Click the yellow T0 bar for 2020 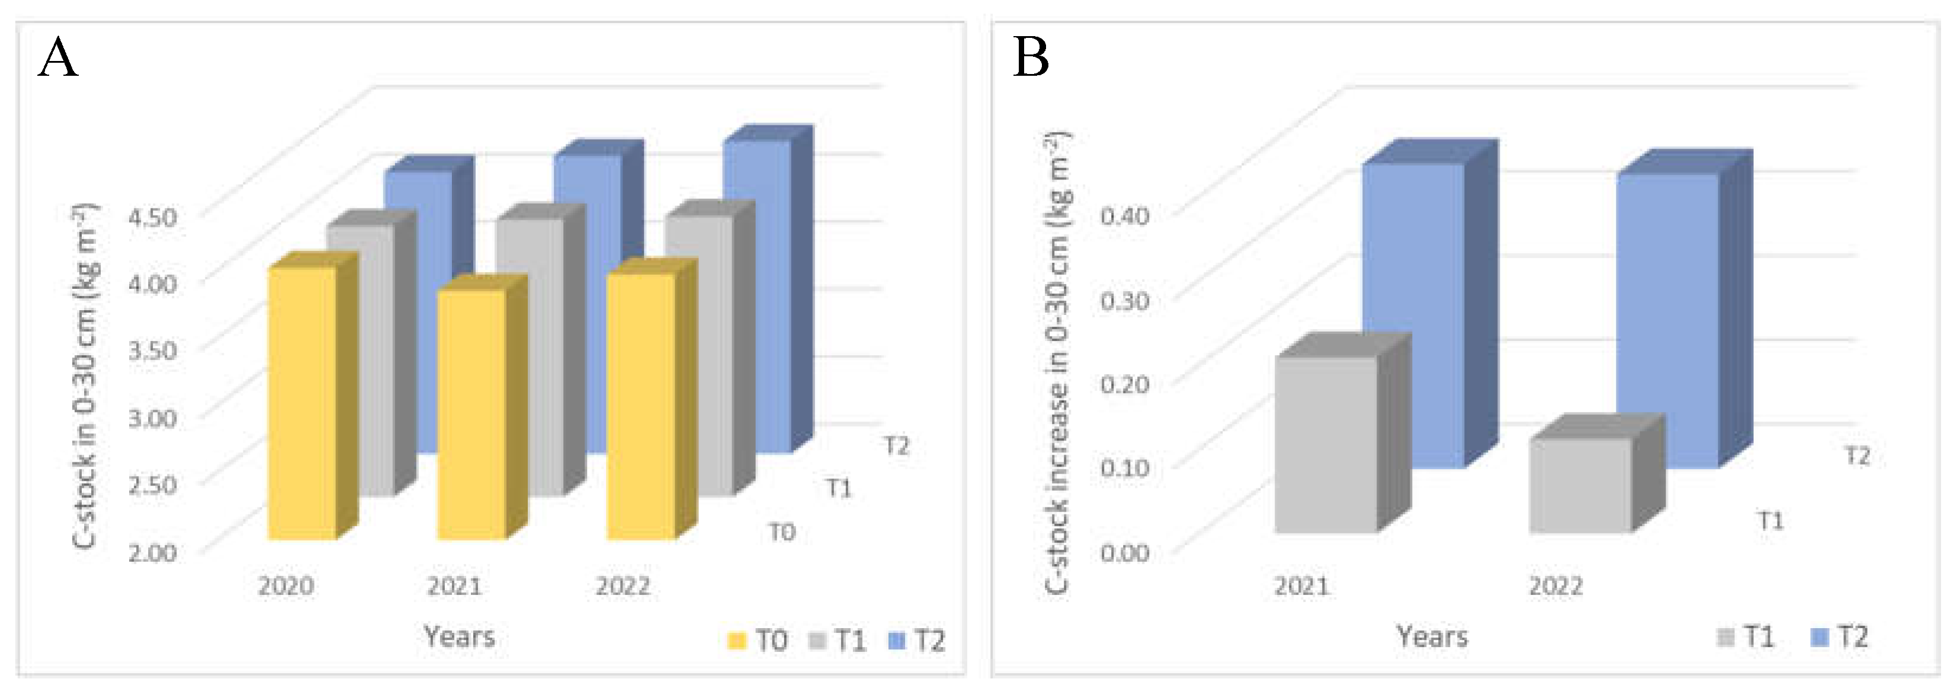(303, 403)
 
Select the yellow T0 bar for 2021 (471, 414)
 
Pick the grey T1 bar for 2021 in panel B (1326, 445)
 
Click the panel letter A (58, 59)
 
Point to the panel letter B (1031, 59)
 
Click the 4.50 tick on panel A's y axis (152, 217)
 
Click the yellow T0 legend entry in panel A (758, 641)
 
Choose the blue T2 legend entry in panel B (1840, 636)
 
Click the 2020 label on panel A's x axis (286, 586)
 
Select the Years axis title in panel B (1431, 636)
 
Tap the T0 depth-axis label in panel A (781, 532)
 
